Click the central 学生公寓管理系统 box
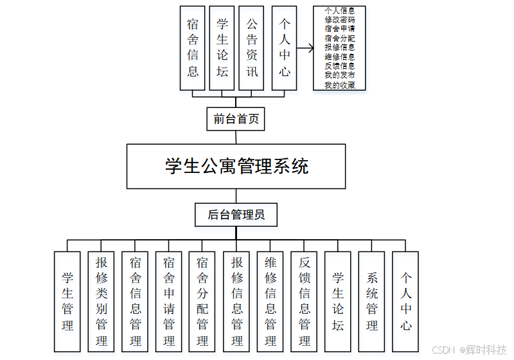click(236, 166)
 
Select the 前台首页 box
click(235, 119)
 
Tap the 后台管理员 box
click(236, 215)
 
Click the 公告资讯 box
click(252, 48)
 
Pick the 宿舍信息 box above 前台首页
click(193, 48)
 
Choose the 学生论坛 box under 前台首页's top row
click(222, 48)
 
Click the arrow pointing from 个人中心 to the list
click(304, 48)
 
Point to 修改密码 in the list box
click(339, 20)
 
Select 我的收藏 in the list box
click(339, 85)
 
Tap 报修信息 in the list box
click(339, 48)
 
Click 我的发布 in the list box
click(339, 75)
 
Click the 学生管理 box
click(67, 301)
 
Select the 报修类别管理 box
click(102, 301)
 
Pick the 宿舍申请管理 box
click(169, 301)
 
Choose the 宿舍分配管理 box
click(202, 301)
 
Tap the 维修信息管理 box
click(270, 301)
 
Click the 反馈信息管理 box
click(305, 301)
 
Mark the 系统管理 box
click(372, 301)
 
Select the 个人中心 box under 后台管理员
click(405, 301)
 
